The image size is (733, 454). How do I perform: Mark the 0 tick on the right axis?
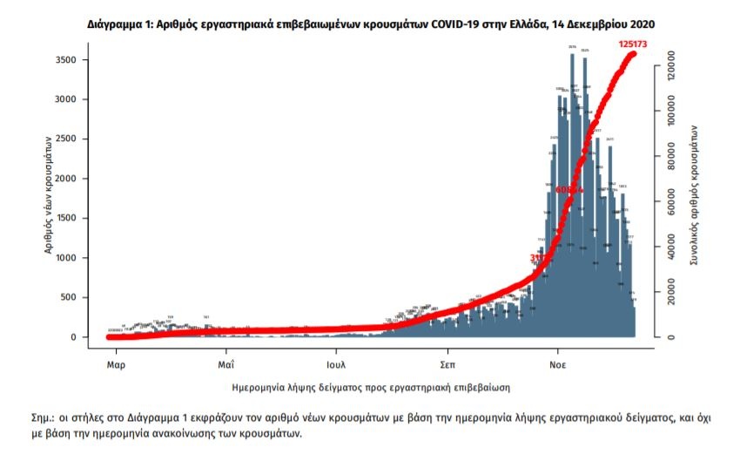669,337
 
